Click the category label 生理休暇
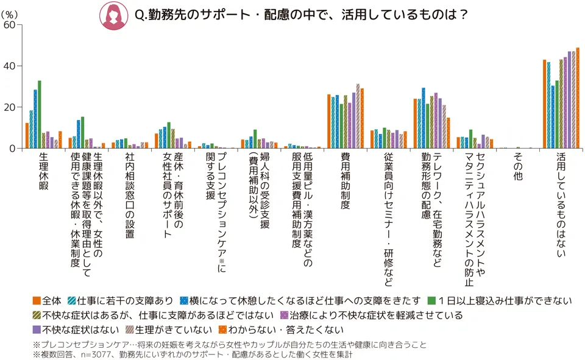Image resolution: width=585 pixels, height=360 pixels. [x=43, y=172]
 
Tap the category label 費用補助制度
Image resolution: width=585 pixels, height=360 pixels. [x=346, y=182]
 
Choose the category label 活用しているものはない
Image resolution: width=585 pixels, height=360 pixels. [x=560, y=205]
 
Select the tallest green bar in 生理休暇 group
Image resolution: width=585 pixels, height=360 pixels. [x=40, y=115]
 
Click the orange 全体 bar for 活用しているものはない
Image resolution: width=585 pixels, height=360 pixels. [x=544, y=104]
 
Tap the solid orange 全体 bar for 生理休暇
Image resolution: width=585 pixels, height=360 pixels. [x=27, y=135]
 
